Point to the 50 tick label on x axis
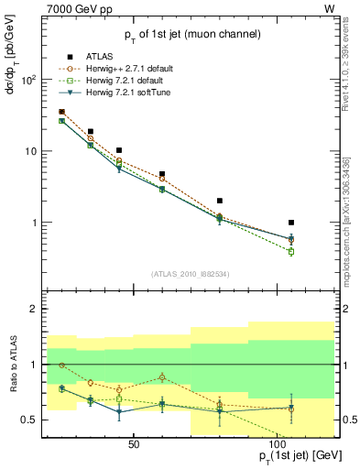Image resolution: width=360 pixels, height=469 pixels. pos(134,442)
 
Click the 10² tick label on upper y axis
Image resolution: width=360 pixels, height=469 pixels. pos(27,80)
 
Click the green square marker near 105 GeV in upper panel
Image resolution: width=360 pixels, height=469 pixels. pos(291,251)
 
